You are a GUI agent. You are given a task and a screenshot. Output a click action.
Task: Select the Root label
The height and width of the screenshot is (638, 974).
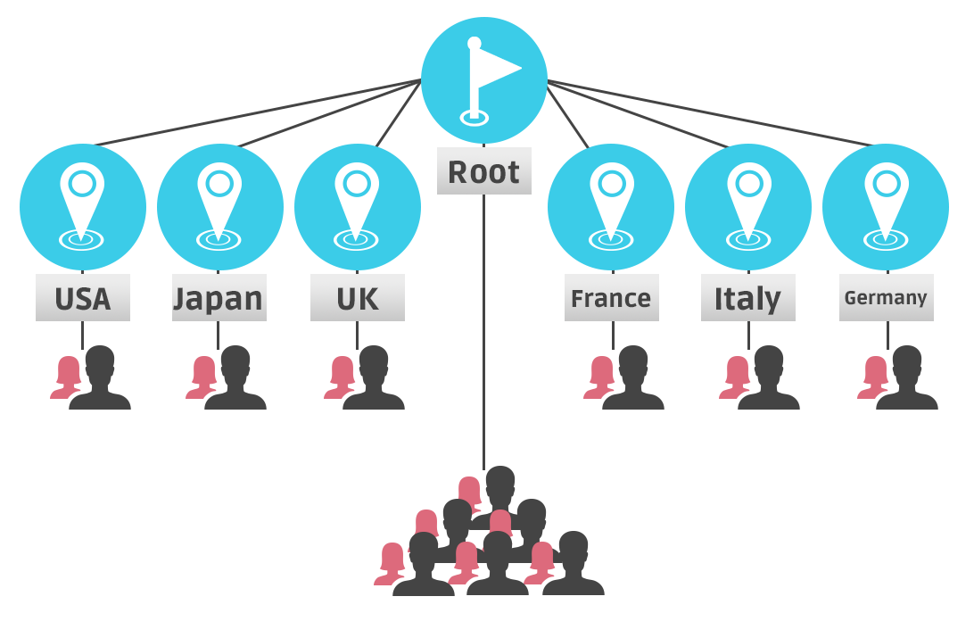coord(484,171)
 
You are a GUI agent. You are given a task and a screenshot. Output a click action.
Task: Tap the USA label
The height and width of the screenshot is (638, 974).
coord(83,298)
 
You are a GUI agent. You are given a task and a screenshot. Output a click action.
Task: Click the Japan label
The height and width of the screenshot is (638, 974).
coord(219,298)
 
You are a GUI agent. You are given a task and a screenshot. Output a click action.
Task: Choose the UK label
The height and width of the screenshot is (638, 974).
coord(357,298)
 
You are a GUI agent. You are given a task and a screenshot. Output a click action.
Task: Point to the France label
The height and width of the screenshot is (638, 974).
coord(611,298)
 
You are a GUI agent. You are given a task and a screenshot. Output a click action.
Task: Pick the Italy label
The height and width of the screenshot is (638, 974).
coord(747,298)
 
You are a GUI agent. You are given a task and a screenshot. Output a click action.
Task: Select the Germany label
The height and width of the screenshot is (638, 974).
coord(886,298)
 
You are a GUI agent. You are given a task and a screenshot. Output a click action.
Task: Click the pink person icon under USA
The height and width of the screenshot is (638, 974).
coord(67,377)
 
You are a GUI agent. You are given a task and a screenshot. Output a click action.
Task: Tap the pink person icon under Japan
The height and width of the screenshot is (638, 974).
coord(202,377)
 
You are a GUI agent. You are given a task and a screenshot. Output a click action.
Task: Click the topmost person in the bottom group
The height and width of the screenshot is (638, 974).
coord(469,493)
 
